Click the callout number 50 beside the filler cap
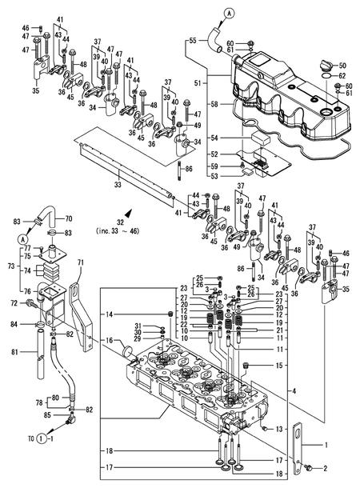click(x=342, y=65)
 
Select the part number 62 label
click(x=342, y=76)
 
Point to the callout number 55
click(x=191, y=39)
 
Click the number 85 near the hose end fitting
click(x=47, y=415)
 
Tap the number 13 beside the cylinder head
click(x=279, y=430)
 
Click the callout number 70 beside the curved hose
click(x=68, y=217)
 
